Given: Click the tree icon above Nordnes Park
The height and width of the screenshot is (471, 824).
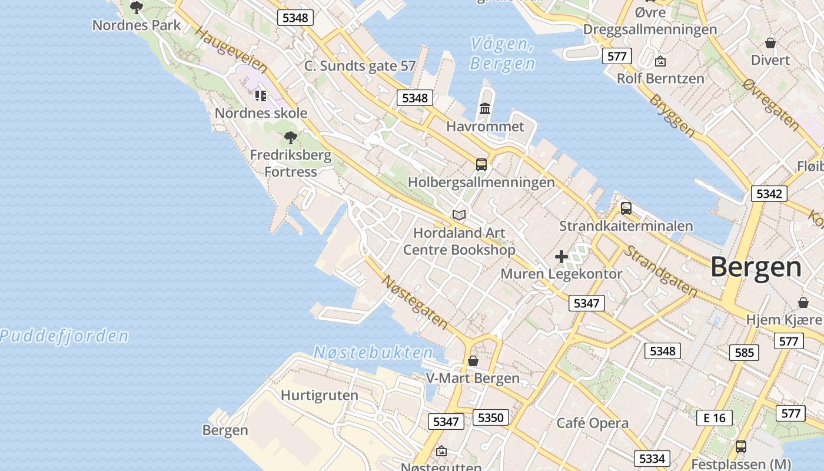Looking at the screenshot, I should (137, 8).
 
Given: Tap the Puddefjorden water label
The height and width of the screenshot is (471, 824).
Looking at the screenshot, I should (64, 336).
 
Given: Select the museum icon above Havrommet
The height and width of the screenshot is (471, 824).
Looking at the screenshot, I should (485, 108).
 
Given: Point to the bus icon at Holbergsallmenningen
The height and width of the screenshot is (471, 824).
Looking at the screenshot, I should (481, 164).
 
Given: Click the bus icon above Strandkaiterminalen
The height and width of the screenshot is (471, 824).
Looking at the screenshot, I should (626, 208).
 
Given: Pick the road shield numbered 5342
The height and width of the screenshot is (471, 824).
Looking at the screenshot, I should (769, 194).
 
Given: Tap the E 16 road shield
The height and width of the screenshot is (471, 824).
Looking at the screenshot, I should (715, 418).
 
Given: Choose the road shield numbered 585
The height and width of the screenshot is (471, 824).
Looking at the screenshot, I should (744, 353).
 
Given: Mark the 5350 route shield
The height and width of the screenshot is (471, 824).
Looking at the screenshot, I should (490, 417).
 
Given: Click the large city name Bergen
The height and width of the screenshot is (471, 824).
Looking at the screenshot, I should (756, 267).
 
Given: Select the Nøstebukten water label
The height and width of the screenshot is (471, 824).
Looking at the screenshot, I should (373, 353).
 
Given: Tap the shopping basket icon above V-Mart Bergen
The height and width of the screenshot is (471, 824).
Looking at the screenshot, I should (473, 360).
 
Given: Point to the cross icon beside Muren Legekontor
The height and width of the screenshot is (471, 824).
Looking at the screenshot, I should (561, 257).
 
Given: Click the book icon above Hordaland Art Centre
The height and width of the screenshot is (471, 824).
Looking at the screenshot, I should (459, 215).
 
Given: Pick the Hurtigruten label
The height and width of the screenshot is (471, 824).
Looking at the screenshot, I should (319, 395).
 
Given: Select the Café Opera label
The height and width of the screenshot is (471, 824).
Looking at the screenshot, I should (592, 423).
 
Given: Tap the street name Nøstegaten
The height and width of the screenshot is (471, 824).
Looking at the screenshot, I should (414, 301).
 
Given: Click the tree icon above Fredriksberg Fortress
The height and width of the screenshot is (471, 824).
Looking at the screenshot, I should (290, 138).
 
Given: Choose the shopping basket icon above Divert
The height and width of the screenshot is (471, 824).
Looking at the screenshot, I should (770, 43).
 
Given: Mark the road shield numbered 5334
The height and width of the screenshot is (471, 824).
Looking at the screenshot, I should (652, 458).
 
